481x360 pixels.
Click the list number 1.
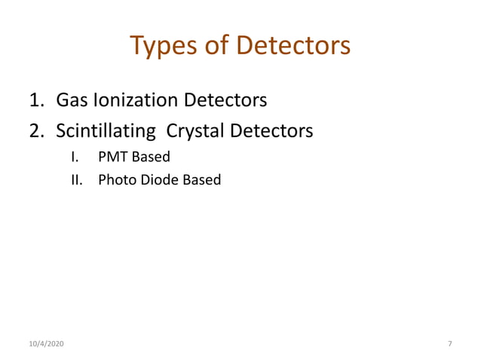click(36, 99)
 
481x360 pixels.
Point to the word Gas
click(72, 99)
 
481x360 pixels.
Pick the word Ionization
click(134, 99)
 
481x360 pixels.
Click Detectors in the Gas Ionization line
click(225, 99)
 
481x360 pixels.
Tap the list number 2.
click(36, 131)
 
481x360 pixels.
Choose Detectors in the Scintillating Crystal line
click(271, 131)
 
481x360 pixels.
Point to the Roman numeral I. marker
click(75, 157)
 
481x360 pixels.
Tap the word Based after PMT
click(152, 157)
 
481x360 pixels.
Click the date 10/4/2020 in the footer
click(46, 343)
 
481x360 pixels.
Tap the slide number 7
click(449, 343)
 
